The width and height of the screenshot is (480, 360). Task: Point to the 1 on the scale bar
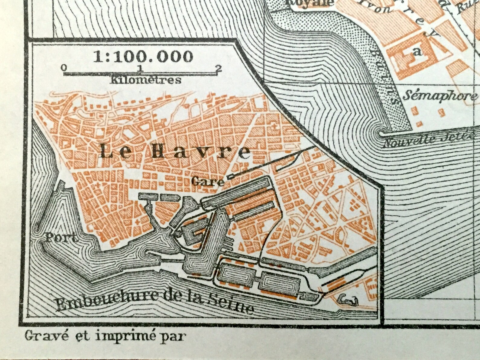coord(140,68)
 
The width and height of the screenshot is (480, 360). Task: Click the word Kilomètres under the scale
coord(146,80)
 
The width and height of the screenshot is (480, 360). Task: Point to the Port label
coord(60,238)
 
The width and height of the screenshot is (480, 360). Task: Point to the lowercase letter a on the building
coord(418,52)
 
